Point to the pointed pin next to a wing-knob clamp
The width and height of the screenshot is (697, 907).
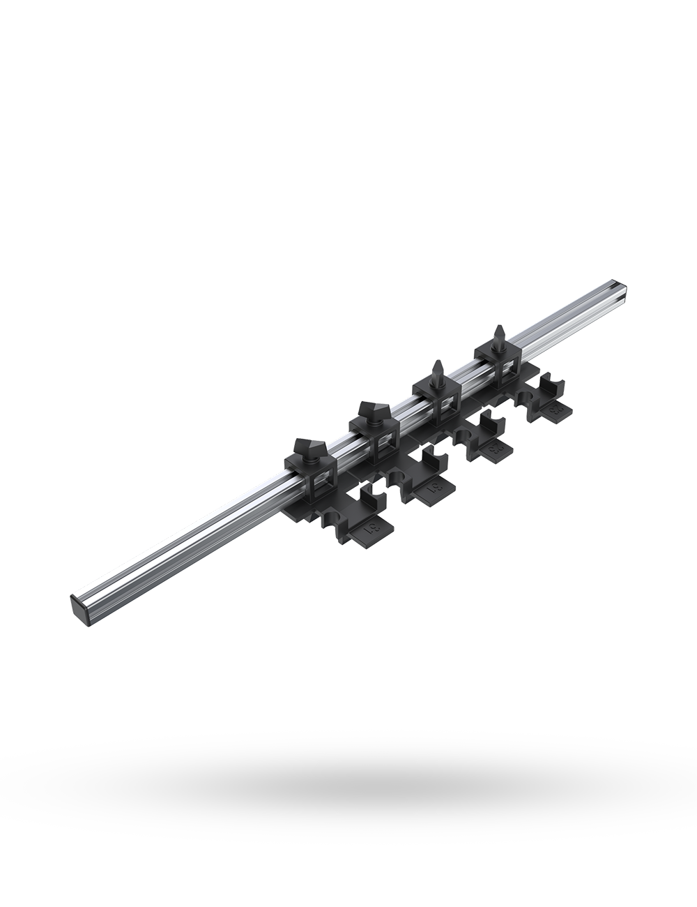click(435, 370)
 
